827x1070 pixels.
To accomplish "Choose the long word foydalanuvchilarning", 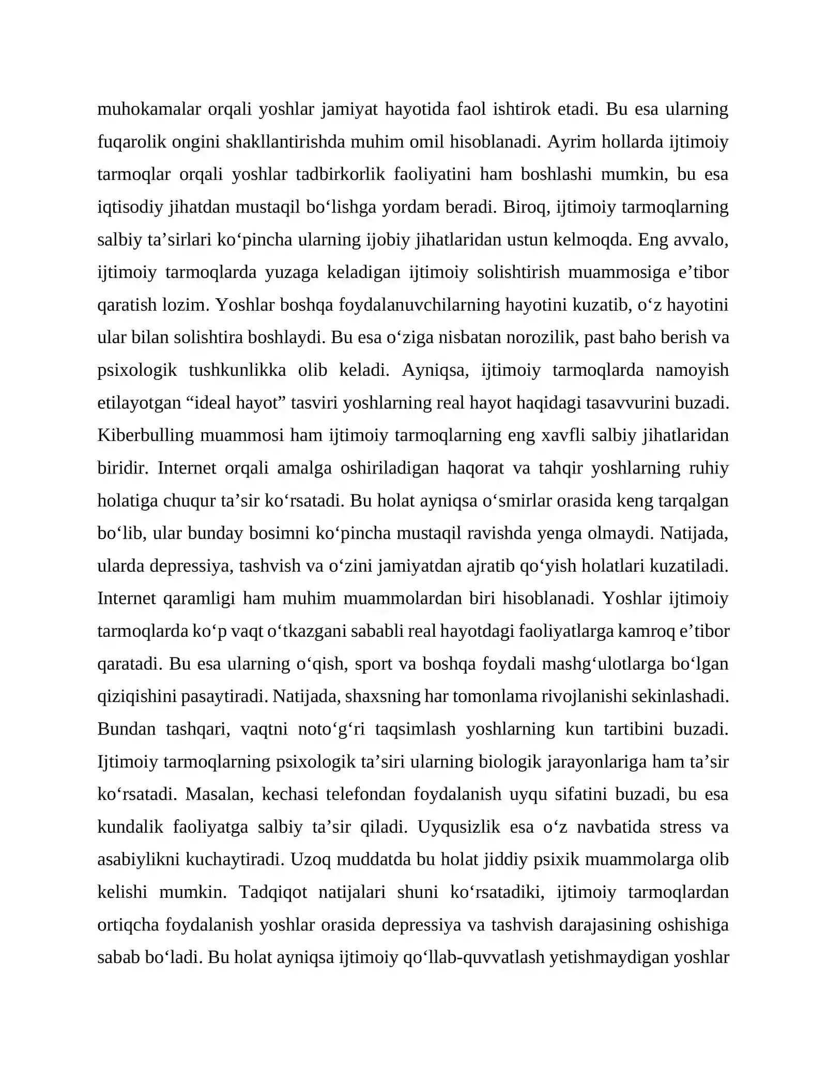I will click(419, 305).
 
